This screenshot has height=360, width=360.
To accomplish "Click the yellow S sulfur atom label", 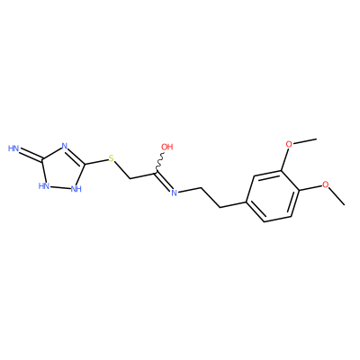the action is (112, 158).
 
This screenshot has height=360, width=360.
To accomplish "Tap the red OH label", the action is (167, 147).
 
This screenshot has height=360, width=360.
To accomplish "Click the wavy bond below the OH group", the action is (159, 162).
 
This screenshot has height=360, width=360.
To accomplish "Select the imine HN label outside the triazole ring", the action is (13, 148).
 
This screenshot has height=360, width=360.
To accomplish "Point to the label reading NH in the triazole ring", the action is (76, 189).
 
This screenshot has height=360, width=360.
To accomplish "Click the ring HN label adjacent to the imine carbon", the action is (44, 186).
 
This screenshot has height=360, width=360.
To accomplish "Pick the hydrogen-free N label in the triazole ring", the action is (64, 147).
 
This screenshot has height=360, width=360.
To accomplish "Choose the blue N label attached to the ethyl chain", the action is (174, 193).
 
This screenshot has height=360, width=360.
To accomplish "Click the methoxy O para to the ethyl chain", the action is (326, 184).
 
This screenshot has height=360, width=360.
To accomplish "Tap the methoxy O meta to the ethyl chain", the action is (289, 144).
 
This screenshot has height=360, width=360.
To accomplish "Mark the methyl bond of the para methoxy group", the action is (337, 196).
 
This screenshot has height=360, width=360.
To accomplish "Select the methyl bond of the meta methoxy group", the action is (304, 141).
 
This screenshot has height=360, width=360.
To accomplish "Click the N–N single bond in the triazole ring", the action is (60, 188).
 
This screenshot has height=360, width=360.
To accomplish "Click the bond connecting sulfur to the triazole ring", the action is (96, 161).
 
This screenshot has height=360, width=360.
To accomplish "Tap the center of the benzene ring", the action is (273, 196).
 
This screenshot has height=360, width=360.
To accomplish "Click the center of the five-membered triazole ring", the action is (62, 169).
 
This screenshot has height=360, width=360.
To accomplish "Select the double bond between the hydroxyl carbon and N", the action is (164, 181).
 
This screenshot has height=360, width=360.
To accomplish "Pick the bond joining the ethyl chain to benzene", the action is (233, 204).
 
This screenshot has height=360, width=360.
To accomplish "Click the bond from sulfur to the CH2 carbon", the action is (122, 170).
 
